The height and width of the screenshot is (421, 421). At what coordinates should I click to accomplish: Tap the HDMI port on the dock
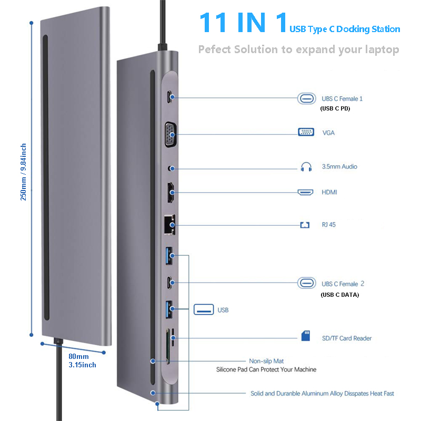coord(171,193)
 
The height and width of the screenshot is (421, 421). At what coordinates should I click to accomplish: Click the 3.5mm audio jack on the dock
coord(170,168)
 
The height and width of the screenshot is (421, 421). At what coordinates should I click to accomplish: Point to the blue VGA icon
coord(306,133)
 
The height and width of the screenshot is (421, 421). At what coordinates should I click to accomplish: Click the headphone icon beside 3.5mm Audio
coord(306,167)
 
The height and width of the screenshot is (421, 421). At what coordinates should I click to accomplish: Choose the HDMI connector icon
coord(306,193)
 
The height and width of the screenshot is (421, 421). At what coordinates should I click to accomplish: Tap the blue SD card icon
coord(306,336)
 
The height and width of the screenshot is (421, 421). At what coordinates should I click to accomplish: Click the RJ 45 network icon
coord(305,225)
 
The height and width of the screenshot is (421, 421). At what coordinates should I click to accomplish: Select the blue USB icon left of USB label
coord(203,309)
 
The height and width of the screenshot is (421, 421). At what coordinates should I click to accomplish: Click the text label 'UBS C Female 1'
coord(342,98)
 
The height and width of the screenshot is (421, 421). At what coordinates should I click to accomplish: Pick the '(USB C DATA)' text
coord(339,295)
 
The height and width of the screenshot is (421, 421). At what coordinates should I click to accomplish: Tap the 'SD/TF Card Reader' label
coord(347,338)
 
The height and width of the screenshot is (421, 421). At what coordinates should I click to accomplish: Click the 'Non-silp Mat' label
coord(266,361)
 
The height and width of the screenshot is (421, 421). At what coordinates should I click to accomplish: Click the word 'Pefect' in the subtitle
coord(215,49)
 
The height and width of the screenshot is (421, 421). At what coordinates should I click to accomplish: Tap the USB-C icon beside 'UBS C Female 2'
coord(306,283)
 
